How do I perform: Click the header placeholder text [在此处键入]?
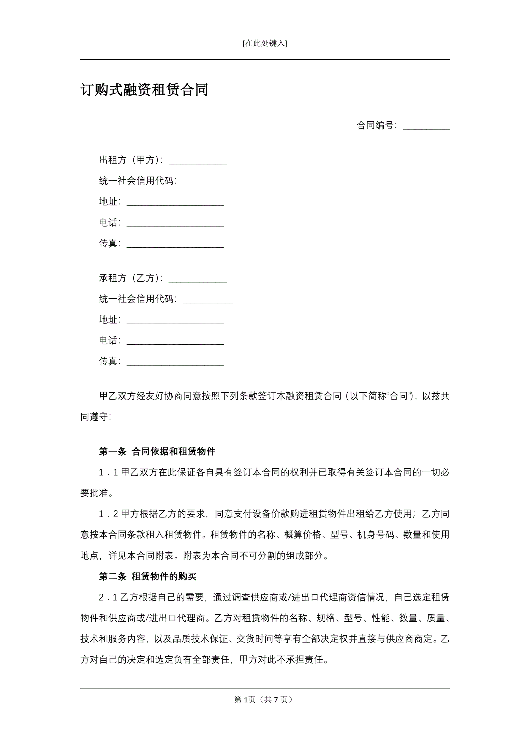265,43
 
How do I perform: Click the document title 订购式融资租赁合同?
144,90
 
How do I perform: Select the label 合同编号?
375,125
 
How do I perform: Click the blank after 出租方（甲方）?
197,161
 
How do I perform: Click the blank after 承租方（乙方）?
197,278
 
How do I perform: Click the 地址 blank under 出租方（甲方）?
175,202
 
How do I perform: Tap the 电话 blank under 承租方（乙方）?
175,341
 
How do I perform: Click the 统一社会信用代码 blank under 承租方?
208,300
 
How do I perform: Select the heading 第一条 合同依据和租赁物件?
157,452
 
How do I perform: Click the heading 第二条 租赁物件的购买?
148,577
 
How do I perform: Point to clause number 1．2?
108,514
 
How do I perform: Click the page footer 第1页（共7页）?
264,699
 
